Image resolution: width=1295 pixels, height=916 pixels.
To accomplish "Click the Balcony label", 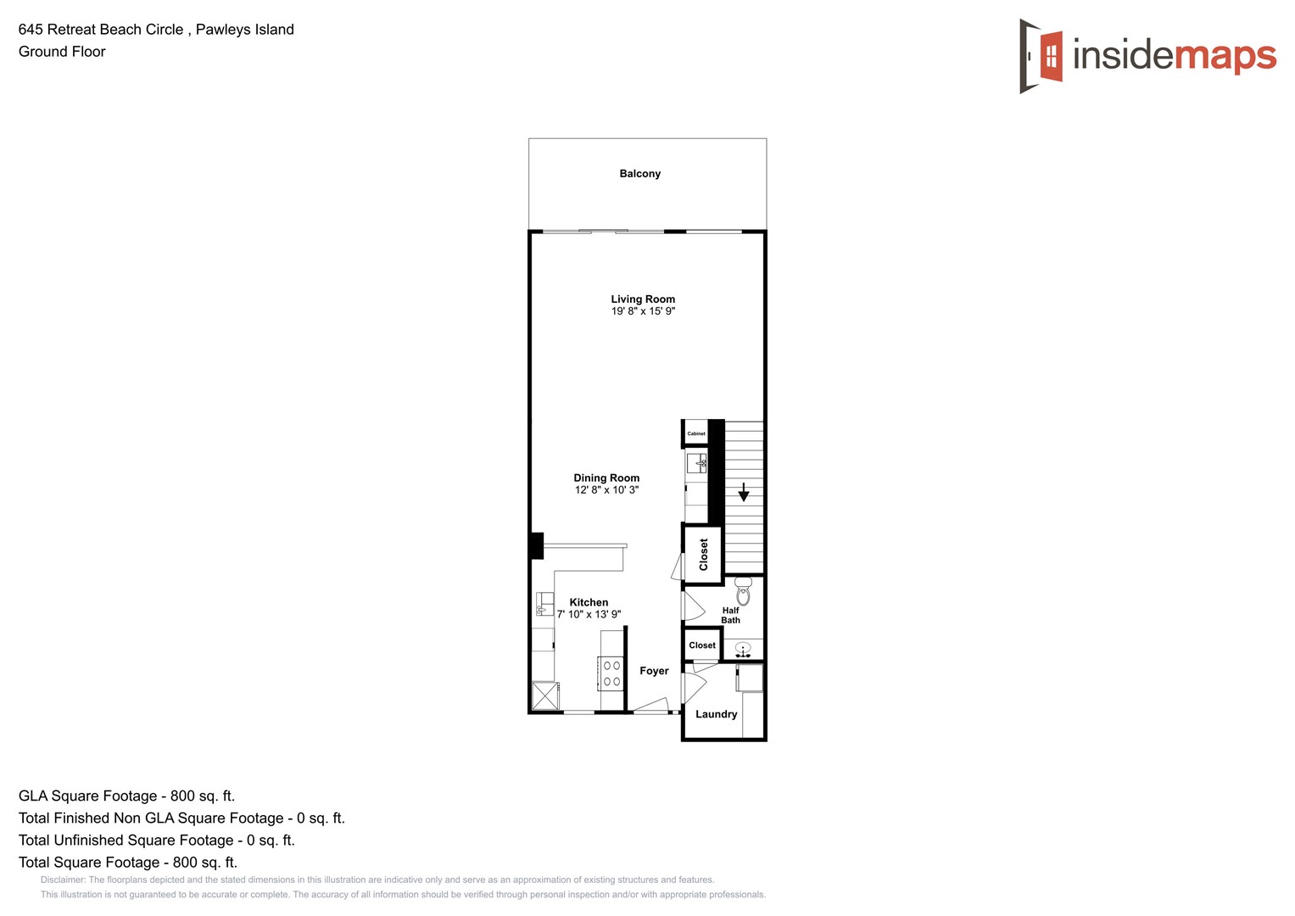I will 639,174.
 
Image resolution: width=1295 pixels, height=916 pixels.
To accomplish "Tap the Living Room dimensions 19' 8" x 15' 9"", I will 643,311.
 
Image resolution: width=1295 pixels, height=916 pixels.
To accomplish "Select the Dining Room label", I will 606,478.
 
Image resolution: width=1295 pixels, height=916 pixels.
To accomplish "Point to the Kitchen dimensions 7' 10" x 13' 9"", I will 589,614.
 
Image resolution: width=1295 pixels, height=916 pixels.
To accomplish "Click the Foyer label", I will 654,671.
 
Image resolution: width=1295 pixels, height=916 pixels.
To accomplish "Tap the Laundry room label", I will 716,714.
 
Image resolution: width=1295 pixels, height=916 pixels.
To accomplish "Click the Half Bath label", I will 730,615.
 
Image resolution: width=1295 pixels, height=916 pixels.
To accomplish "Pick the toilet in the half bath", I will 743,590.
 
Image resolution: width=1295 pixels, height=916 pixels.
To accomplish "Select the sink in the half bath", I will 743,651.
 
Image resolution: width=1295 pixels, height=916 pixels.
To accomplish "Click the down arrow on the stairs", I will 744,492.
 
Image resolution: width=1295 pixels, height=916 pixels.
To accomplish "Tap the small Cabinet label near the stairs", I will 696,433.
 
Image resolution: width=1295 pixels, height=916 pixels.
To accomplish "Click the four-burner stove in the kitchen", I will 611,673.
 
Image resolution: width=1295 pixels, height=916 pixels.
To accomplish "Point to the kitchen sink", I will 544,605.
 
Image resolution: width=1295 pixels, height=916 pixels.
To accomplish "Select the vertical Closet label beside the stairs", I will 703,554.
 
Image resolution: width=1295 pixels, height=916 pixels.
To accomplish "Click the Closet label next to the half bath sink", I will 702,645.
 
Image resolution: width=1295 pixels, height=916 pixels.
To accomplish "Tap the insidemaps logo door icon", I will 1041,56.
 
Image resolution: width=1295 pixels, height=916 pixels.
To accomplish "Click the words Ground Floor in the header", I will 62,52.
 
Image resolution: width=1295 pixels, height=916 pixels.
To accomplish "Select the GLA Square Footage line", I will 126,796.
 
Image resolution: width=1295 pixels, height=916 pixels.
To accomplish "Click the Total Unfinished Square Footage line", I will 156,840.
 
